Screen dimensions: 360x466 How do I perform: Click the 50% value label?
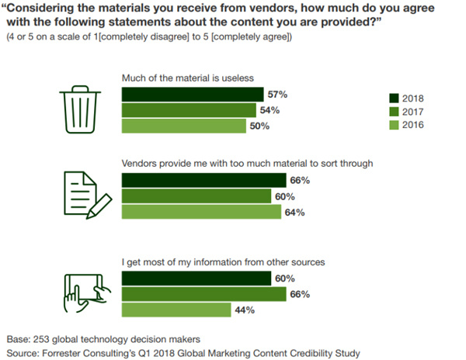(259, 126)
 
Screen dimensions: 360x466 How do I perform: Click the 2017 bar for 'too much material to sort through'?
(196, 196)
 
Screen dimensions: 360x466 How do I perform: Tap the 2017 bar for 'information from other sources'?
(205, 295)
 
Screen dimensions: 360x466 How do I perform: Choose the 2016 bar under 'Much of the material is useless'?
(185, 126)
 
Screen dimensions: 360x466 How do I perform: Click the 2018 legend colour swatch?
(394, 99)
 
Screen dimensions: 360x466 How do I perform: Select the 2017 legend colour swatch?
(394, 111)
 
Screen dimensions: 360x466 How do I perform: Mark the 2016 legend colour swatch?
(394, 124)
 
